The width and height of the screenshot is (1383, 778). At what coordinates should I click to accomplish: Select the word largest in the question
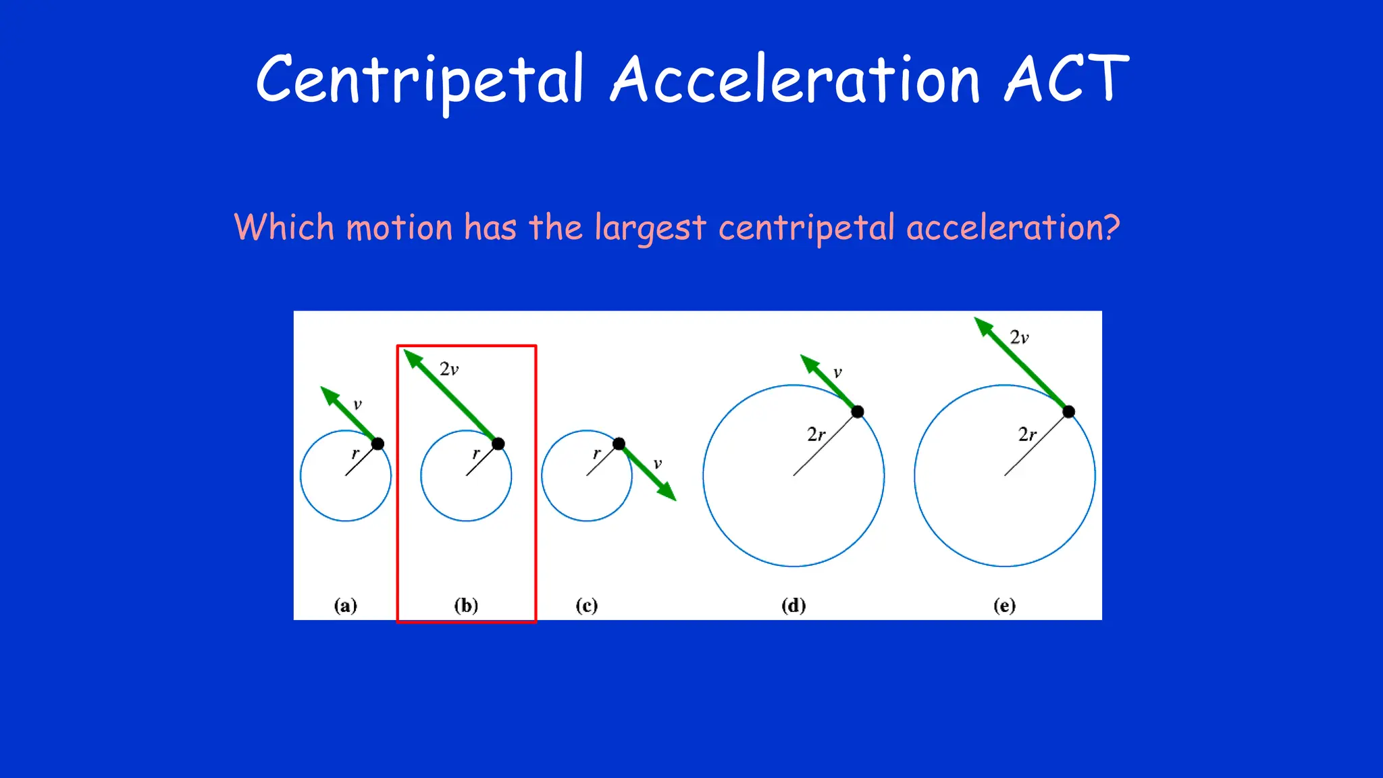650,228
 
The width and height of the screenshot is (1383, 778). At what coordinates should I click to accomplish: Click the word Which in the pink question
284,227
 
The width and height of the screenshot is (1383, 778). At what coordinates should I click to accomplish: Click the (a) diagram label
345,605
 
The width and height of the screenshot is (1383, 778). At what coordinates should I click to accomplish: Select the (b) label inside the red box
466,605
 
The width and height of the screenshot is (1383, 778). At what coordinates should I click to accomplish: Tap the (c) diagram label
586,605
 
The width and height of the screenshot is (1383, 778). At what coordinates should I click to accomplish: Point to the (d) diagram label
793,605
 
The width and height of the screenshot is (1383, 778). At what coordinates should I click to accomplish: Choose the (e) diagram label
1004,605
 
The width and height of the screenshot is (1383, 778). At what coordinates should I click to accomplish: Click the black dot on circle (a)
377,444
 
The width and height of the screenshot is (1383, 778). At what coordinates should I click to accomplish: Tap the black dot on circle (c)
619,444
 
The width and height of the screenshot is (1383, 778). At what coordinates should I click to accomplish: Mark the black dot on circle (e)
1068,411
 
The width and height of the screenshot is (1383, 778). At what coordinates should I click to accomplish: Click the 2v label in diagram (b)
449,369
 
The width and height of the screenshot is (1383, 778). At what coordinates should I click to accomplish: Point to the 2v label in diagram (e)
1019,338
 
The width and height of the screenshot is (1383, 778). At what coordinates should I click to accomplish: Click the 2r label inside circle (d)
816,434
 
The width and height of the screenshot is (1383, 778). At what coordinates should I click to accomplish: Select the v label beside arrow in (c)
657,464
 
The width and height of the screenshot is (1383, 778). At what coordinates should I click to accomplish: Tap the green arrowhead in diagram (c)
667,492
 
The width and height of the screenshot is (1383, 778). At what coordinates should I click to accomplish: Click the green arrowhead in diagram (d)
809,363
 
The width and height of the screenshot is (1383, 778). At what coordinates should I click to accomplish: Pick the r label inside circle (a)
355,453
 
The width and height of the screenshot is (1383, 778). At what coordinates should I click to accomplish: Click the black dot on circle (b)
498,444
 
